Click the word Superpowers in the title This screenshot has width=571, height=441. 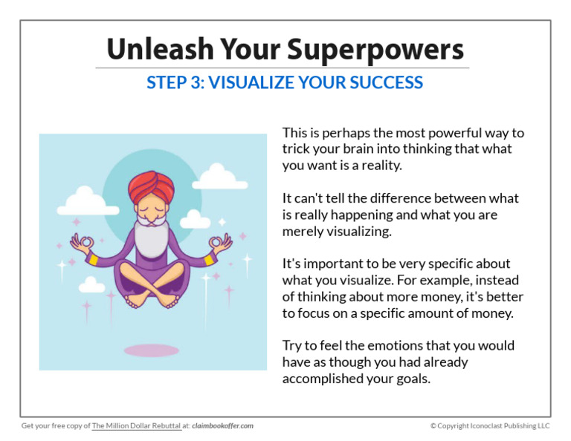click(375, 50)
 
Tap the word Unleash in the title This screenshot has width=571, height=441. click(161, 49)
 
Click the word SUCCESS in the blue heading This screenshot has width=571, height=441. click(386, 82)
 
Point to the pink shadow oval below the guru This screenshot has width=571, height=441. click(152, 350)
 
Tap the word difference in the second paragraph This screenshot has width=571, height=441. click(400, 198)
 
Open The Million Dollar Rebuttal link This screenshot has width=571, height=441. click(136, 425)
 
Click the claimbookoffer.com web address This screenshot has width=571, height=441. click(222, 425)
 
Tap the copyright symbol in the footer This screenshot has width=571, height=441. click(433, 425)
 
